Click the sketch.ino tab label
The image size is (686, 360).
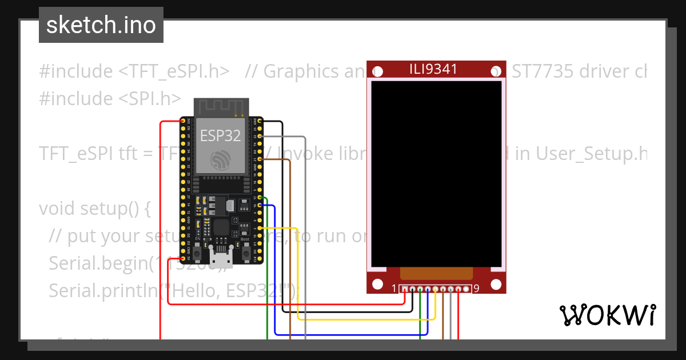coord(101,25)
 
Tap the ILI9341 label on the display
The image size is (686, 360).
coord(433,70)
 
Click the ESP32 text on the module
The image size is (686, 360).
coord(221,135)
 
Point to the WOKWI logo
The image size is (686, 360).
coord(607,315)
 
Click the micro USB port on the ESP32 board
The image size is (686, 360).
coord(221,258)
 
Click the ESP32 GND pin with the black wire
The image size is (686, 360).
coord(260,121)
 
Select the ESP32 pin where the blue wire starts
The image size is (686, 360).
coord(260,205)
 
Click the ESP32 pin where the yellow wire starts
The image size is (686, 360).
coord(260,228)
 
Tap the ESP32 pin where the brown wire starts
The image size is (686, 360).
coord(260,159)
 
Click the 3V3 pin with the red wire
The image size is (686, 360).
coord(183,121)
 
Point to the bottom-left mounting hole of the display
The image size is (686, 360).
coord(377,284)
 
